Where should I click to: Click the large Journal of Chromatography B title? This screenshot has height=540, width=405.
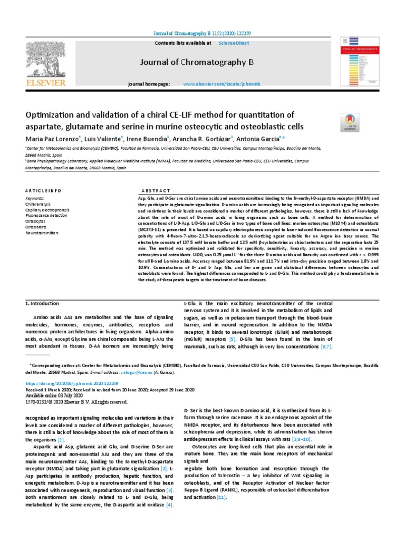tap(197, 63)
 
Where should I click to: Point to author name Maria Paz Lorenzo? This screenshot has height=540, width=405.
tap(52, 139)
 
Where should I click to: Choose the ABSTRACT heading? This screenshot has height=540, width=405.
tap(156, 190)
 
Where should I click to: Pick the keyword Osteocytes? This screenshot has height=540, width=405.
tap(35, 221)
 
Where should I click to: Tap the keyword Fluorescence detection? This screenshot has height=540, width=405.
tap(46, 216)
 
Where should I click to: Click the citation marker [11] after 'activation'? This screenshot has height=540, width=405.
tap(221, 497)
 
